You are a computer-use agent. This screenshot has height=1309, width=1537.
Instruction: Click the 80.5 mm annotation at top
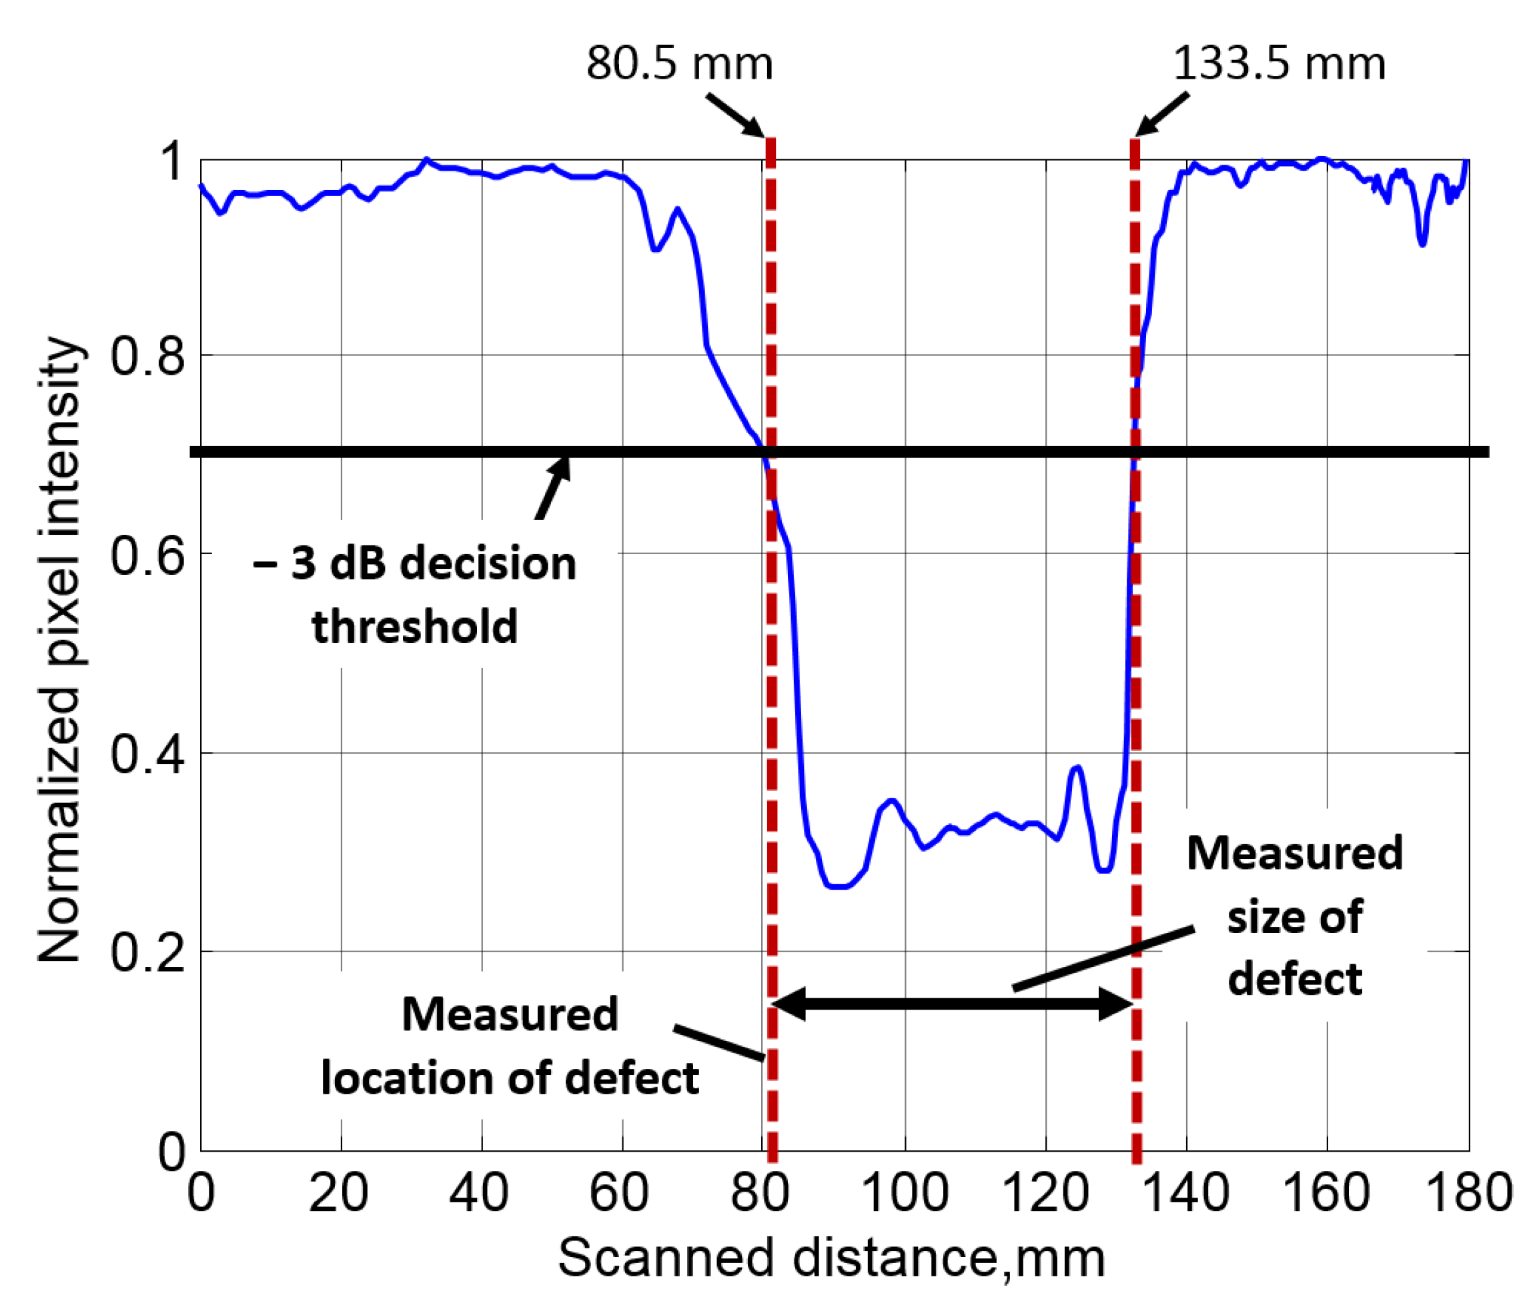[678, 64]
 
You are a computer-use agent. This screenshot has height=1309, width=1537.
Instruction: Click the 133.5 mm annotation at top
[1278, 64]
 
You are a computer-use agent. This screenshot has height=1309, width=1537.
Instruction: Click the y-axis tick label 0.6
[147, 556]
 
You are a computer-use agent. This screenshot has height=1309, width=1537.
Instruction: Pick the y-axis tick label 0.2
[147, 953]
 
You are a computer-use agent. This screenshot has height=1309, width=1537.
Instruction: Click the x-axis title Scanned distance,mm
[831, 1258]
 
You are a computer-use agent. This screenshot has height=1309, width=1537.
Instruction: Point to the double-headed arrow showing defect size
[953, 1004]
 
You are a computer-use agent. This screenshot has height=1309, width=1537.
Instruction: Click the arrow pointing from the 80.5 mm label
[734, 115]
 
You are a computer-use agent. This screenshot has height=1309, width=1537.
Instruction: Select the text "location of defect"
[510, 1078]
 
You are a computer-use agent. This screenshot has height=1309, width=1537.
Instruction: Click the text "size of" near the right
[1294, 918]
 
